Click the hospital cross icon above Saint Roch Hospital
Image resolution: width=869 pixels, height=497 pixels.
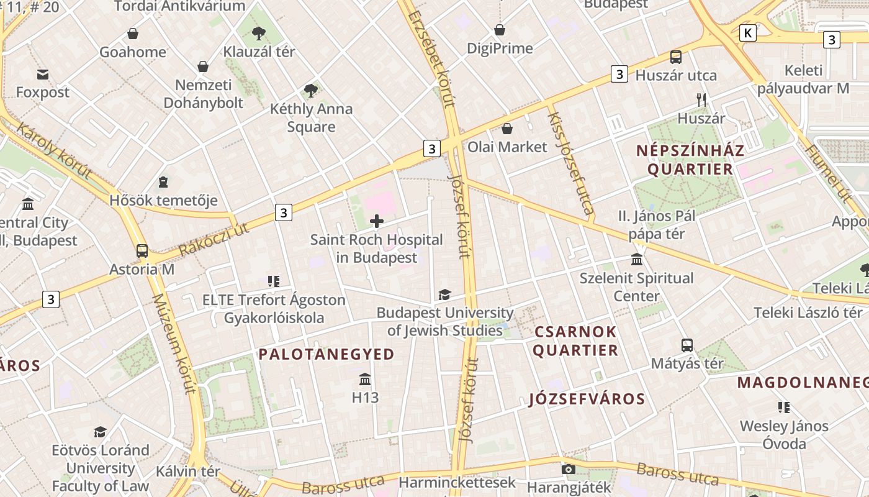click(377, 221)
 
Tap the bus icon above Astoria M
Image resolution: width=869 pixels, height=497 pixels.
click(142, 251)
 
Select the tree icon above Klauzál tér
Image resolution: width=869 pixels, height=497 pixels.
click(259, 33)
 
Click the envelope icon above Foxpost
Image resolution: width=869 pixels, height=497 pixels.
click(43, 75)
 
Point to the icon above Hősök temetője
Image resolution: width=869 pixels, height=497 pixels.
click(163, 182)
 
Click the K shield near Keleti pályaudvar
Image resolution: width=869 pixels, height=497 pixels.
click(748, 33)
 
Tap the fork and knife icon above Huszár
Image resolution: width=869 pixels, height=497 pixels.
click(701, 99)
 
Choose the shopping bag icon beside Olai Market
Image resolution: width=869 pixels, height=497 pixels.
click(507, 129)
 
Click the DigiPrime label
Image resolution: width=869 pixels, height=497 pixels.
click(500, 48)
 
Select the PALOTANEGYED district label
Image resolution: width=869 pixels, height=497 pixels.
click(326, 355)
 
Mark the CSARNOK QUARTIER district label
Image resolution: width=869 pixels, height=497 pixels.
click(575, 341)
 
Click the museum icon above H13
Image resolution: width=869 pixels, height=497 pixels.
click(365, 378)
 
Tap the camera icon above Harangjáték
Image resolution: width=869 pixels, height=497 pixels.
click(568, 469)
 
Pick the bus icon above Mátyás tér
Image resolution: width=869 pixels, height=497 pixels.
click(687, 345)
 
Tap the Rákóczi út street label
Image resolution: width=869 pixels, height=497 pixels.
click(213, 239)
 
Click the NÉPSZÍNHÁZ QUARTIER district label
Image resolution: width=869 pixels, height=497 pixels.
click(690, 160)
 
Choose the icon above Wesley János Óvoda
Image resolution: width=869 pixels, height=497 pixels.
click(784, 408)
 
